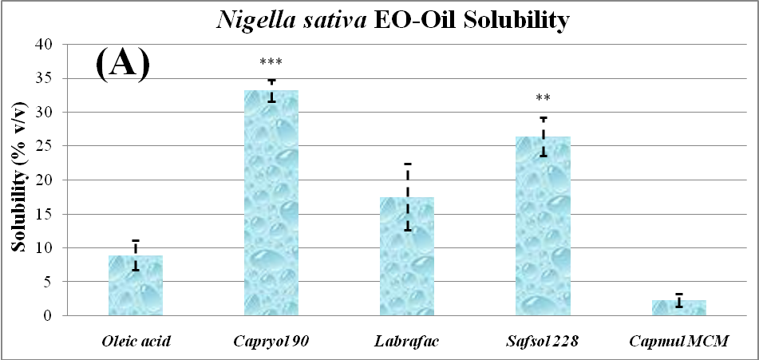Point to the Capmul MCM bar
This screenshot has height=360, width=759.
point(678,307)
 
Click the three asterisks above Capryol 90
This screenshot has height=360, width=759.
point(271,62)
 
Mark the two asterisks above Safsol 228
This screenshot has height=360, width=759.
point(543,99)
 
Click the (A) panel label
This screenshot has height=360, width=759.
point(122,63)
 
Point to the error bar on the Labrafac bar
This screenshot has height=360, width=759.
point(407,197)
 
